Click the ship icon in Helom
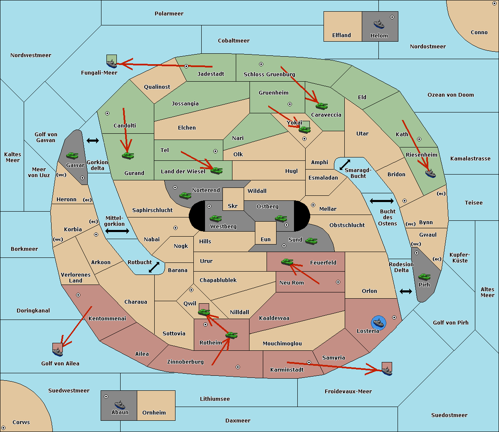pyautogui.click(x=379, y=24)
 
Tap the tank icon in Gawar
pyautogui.click(x=72, y=155)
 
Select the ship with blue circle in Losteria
pyautogui.click(x=378, y=323)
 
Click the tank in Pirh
pyautogui.click(x=424, y=277)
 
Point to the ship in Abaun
pyautogui.click(x=120, y=405)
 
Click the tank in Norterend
pyautogui.click(x=185, y=195)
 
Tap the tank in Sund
pyautogui.click(x=311, y=241)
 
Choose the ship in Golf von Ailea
pyautogui.click(x=58, y=352)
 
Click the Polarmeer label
pyautogui.click(x=169, y=14)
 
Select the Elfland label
pyautogui.click(x=341, y=35)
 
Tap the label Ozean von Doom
pyautogui.click(x=450, y=95)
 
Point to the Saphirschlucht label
pyautogui.click(x=152, y=210)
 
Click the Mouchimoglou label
pyautogui.click(x=282, y=343)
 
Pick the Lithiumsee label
pyautogui.click(x=215, y=399)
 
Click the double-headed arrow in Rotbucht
pyautogui.click(x=154, y=267)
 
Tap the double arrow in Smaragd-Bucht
pyautogui.click(x=345, y=165)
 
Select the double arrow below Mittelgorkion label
pyautogui.click(x=117, y=231)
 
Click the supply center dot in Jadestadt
pyautogui.click(x=186, y=66)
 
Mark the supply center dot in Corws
pyautogui.click(x=3, y=428)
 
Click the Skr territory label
pyautogui.click(x=232, y=206)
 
